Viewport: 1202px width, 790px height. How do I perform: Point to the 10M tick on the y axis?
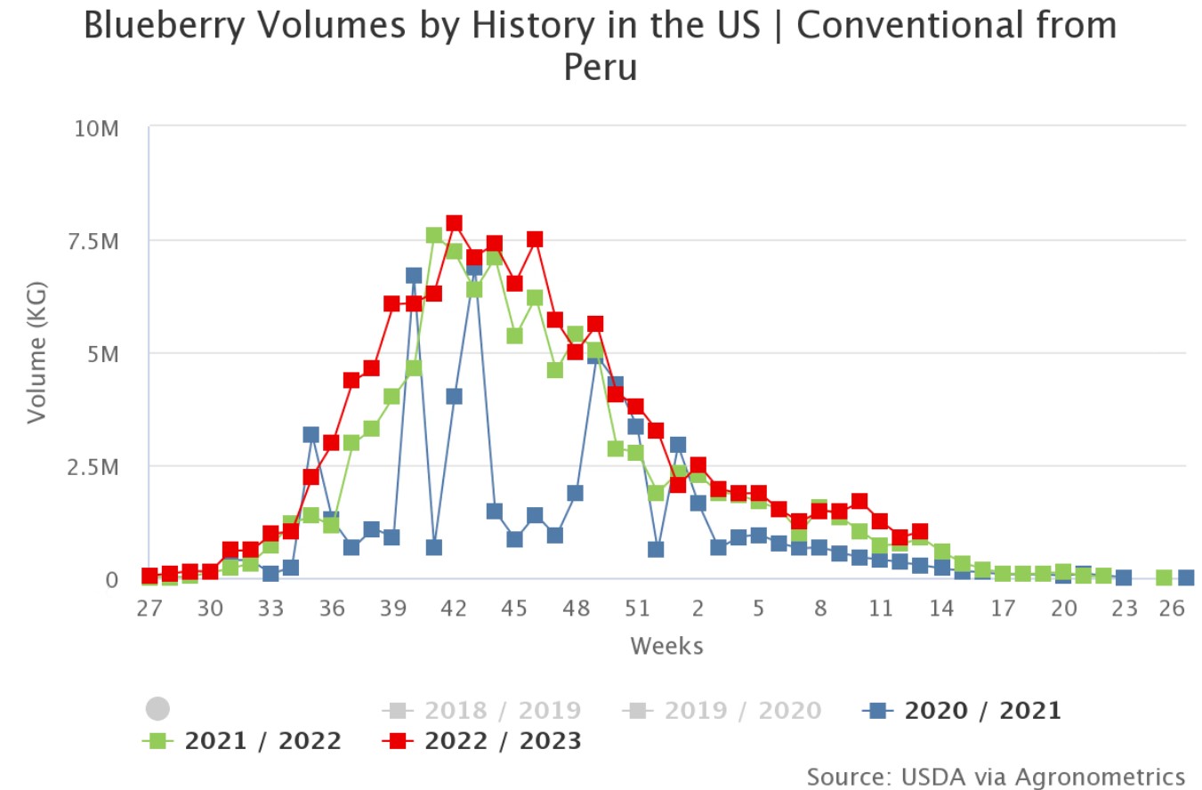pyautogui.click(x=96, y=129)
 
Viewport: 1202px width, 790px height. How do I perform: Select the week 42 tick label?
pyautogui.click(x=454, y=609)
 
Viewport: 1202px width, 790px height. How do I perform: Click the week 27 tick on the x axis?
pyautogui.click(x=149, y=609)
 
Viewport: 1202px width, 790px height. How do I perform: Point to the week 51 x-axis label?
pyautogui.click(x=636, y=609)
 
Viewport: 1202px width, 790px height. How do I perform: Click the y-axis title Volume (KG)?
pyautogui.click(x=36, y=353)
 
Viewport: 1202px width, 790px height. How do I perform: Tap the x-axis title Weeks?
pyautogui.click(x=666, y=646)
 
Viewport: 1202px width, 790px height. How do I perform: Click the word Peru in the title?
pyautogui.click(x=601, y=67)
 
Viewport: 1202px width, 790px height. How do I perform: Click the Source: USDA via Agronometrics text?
pyautogui.click(x=996, y=776)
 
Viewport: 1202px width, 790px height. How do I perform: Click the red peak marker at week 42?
pyautogui.click(x=454, y=223)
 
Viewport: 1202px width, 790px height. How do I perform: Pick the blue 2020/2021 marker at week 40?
pyautogui.click(x=414, y=276)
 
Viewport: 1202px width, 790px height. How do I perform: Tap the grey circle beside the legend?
pyautogui.click(x=157, y=709)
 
